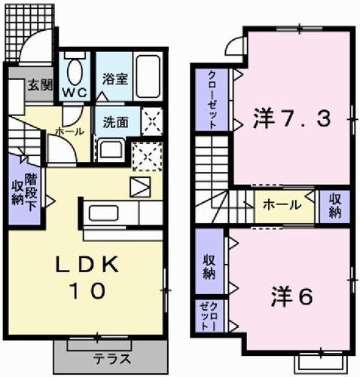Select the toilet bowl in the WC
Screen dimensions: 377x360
click(74, 72)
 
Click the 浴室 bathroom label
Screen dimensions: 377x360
click(111, 78)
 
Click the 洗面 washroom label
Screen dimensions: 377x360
click(116, 121)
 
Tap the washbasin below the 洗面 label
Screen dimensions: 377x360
click(112, 148)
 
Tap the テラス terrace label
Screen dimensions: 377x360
click(111, 358)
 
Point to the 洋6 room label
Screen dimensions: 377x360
click(291, 296)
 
